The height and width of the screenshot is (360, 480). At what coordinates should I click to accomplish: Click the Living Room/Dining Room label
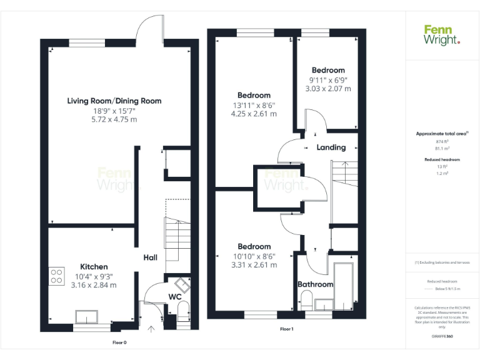click(114, 101)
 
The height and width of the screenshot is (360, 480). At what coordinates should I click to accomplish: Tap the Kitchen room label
click(94, 267)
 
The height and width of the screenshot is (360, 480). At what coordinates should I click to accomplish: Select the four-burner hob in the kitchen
click(57, 276)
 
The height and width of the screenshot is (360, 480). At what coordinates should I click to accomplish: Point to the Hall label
click(150, 257)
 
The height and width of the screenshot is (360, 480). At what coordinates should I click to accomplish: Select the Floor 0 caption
click(119, 342)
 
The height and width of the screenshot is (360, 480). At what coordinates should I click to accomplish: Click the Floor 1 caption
click(286, 329)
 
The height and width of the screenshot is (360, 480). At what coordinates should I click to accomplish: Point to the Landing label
click(331, 147)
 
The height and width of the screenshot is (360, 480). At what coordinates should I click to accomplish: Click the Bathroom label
click(315, 284)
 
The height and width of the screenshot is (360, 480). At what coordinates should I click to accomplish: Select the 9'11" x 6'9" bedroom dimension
click(327, 80)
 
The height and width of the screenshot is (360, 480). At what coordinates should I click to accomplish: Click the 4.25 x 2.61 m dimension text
click(254, 114)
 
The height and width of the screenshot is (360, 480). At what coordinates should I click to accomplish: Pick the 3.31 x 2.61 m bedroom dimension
click(254, 265)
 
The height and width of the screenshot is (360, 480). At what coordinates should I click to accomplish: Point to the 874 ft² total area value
click(442, 142)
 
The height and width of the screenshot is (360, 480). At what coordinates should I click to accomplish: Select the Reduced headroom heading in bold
click(442, 160)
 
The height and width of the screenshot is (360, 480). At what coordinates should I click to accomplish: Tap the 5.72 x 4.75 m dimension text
click(114, 119)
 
